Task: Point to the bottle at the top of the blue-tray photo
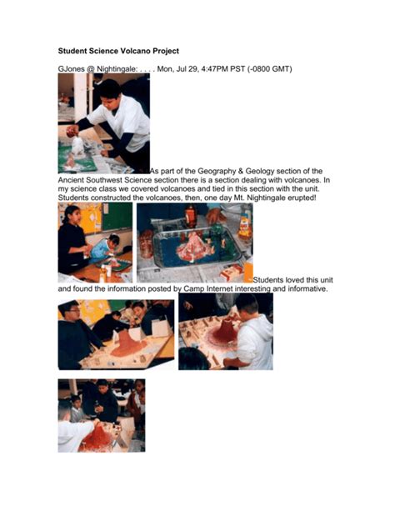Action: click(x=191, y=214)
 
